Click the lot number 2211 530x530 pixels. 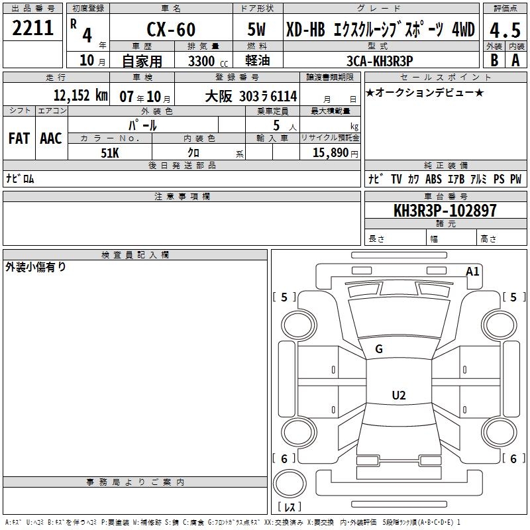[32, 28]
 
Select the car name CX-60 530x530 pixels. [171, 29]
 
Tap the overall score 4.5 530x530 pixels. [505, 30]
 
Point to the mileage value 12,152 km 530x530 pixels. [81, 95]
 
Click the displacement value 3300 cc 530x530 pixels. [208, 61]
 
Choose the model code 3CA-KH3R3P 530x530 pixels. [380, 61]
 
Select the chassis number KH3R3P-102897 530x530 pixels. [445, 211]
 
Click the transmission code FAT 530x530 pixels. [19, 138]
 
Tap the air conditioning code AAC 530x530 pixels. [51, 138]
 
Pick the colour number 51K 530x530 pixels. [110, 153]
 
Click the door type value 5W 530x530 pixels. [256, 29]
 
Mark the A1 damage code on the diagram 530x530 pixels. [472, 272]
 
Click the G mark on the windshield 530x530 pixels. [379, 349]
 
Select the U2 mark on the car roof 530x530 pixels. [399, 395]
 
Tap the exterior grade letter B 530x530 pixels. [494, 60]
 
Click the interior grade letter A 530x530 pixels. [515, 60]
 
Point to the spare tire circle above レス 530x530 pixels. [290, 484]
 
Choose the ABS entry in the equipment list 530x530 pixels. [433, 179]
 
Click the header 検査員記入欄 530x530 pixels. [135, 255]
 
